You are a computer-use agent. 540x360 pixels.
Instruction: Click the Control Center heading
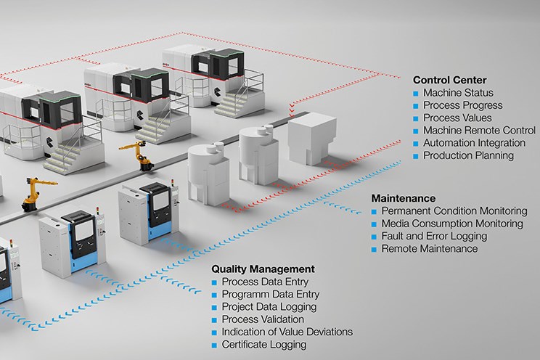tap(450, 80)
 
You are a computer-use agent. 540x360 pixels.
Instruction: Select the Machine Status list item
tap(458, 93)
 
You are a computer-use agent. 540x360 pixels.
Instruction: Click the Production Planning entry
tap(468, 155)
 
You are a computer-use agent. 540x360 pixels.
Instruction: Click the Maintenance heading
tap(404, 197)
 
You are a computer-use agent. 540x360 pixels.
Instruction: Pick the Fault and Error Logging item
tap(434, 236)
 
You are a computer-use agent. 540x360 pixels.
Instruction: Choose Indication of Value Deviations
tap(287, 332)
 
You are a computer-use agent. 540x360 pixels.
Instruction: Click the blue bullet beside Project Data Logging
tap(214, 306)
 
